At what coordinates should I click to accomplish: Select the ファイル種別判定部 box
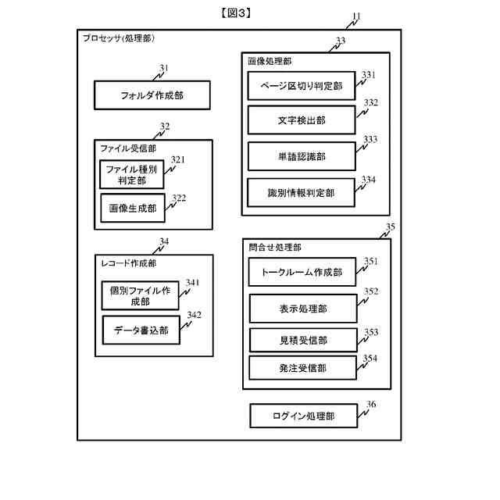[x=132, y=174]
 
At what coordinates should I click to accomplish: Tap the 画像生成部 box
[x=132, y=209]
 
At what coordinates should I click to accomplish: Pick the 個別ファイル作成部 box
[x=141, y=295]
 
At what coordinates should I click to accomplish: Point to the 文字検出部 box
[x=302, y=120]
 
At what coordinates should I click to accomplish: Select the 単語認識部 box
[x=302, y=156]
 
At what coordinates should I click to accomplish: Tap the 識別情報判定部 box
[x=302, y=192]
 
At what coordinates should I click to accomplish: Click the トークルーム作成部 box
[x=302, y=273]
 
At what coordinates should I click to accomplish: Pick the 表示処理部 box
[x=302, y=309]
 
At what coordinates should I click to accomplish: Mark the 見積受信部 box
[x=302, y=341]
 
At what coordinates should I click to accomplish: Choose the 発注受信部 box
[x=302, y=367]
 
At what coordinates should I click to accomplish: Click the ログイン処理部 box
[x=303, y=416]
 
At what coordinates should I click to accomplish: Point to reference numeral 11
[x=356, y=16]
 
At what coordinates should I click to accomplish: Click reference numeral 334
[x=369, y=180]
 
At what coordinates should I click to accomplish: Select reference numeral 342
[x=193, y=315]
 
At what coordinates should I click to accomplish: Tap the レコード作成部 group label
[x=129, y=263]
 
